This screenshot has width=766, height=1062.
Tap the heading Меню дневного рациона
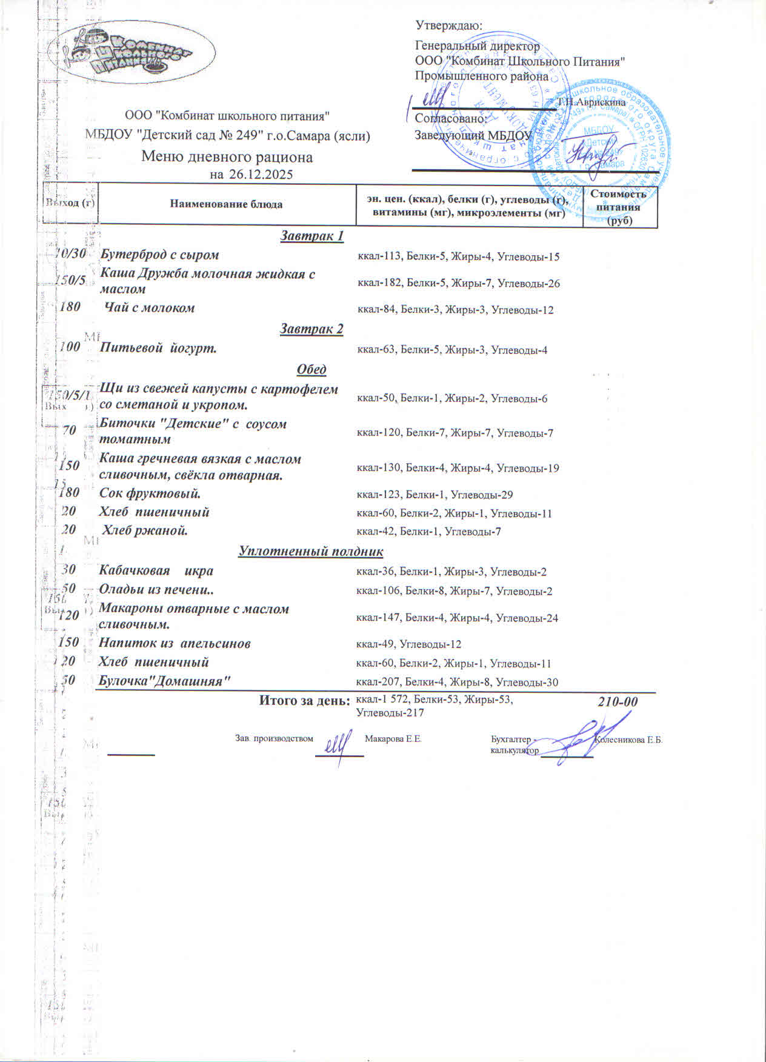pos(227,158)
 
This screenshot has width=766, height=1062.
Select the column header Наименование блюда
pos(226,204)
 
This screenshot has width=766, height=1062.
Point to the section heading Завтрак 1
pos(312,236)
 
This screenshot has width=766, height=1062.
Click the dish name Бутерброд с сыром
pos(159,255)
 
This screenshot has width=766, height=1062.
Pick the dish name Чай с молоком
pos(150,308)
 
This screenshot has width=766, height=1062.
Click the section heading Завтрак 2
pos(311,329)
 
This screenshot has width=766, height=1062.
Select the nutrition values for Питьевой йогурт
pos(452,350)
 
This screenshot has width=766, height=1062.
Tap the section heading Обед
pos(311,369)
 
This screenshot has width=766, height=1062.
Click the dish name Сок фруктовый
pos(150,493)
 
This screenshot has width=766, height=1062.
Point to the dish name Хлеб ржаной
pos(144,530)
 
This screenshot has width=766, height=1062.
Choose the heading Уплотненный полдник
pos(311,551)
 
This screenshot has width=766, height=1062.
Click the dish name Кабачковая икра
pos(156,570)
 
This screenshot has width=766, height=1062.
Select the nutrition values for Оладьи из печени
pos(454,591)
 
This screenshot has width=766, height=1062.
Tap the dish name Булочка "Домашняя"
pos(164,680)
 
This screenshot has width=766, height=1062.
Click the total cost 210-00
pos(618,702)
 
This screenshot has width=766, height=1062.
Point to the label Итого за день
pos(305,700)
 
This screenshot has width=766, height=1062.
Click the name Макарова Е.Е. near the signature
pos(393,739)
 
